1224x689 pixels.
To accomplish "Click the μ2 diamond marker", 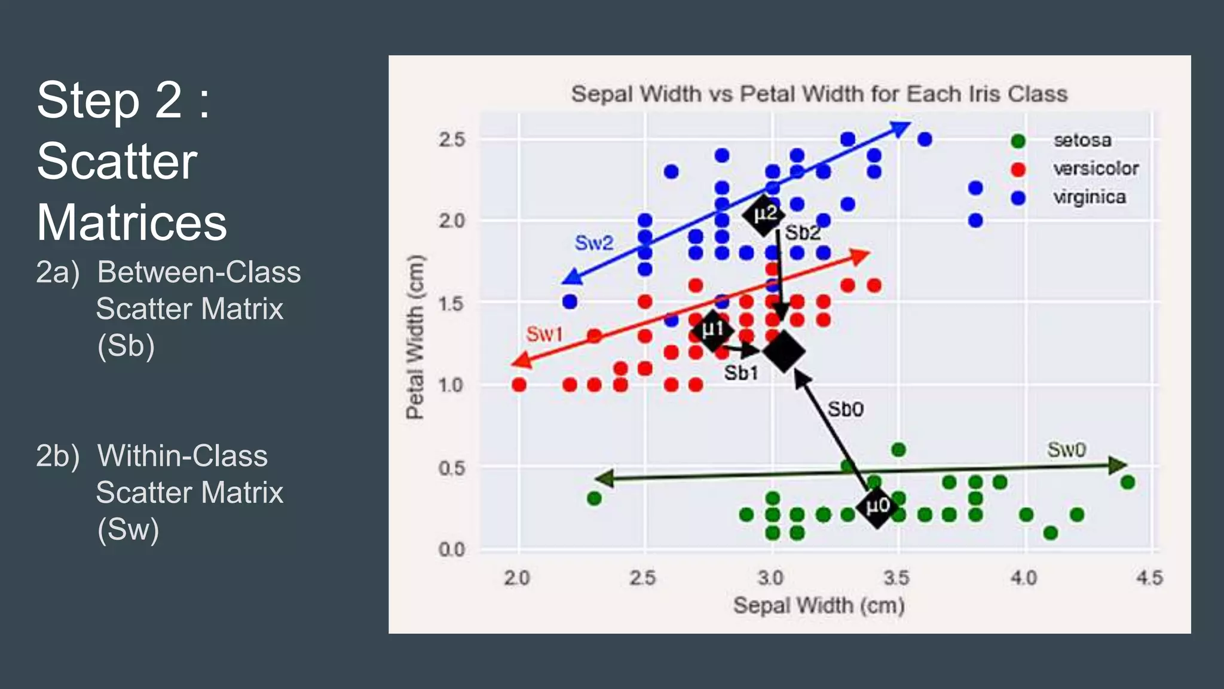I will coord(764,214).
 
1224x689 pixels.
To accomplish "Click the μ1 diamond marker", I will coord(712,330).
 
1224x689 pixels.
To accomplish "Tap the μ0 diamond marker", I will coord(877,507).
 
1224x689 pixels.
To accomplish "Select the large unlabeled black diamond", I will coord(784,352).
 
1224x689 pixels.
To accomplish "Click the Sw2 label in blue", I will coord(593,243).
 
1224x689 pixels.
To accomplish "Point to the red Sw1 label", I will coord(544,334).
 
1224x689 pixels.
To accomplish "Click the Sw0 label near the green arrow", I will coord(1066,449).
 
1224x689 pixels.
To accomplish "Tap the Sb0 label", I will coord(845,410).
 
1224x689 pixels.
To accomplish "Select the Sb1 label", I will coord(740,373).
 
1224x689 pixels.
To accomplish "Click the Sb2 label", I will coord(801,233).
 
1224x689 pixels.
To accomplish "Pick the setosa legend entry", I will coord(1082,141).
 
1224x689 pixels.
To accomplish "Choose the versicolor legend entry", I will coord(1095,169).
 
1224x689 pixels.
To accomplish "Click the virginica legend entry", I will coord(1089,197).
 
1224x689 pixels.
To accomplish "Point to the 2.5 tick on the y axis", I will coord(452,140).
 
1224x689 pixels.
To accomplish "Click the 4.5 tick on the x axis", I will coord(1149,578).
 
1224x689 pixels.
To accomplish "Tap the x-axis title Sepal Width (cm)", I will coord(818,605).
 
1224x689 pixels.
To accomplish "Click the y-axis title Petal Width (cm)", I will coord(415,337).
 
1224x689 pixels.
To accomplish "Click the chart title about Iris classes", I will coord(819,94).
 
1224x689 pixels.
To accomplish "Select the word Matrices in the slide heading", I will coord(132,222).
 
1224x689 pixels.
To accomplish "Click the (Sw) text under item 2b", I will coord(128,529).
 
